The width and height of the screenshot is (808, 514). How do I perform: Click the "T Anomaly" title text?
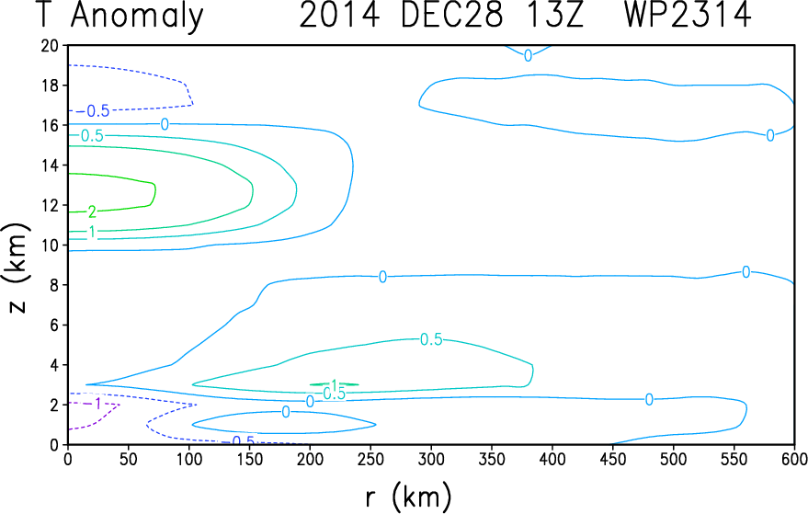coord(120,17)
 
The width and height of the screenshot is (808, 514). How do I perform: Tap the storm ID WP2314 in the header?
coord(688,16)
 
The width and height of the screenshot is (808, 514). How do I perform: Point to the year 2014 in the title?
coord(339,16)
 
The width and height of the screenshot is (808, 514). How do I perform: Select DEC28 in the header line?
coord(451,16)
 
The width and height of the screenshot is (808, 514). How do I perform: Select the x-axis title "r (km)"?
coord(409,497)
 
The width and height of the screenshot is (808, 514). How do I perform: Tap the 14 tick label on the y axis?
coord(50,165)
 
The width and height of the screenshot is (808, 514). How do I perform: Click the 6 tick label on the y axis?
coord(53,325)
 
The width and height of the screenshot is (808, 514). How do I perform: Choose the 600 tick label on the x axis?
coord(793,459)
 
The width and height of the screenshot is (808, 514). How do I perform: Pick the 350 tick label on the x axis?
coord(492,459)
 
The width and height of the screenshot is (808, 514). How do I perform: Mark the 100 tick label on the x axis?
coord(188,459)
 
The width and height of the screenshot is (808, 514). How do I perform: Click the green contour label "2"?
coord(92,211)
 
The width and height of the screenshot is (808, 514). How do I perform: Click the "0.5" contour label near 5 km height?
coord(431,339)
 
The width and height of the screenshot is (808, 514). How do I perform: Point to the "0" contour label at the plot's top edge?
coord(528,55)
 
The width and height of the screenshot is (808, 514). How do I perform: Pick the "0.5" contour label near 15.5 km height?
coord(92,135)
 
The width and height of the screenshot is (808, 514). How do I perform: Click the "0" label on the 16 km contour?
coord(165,124)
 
